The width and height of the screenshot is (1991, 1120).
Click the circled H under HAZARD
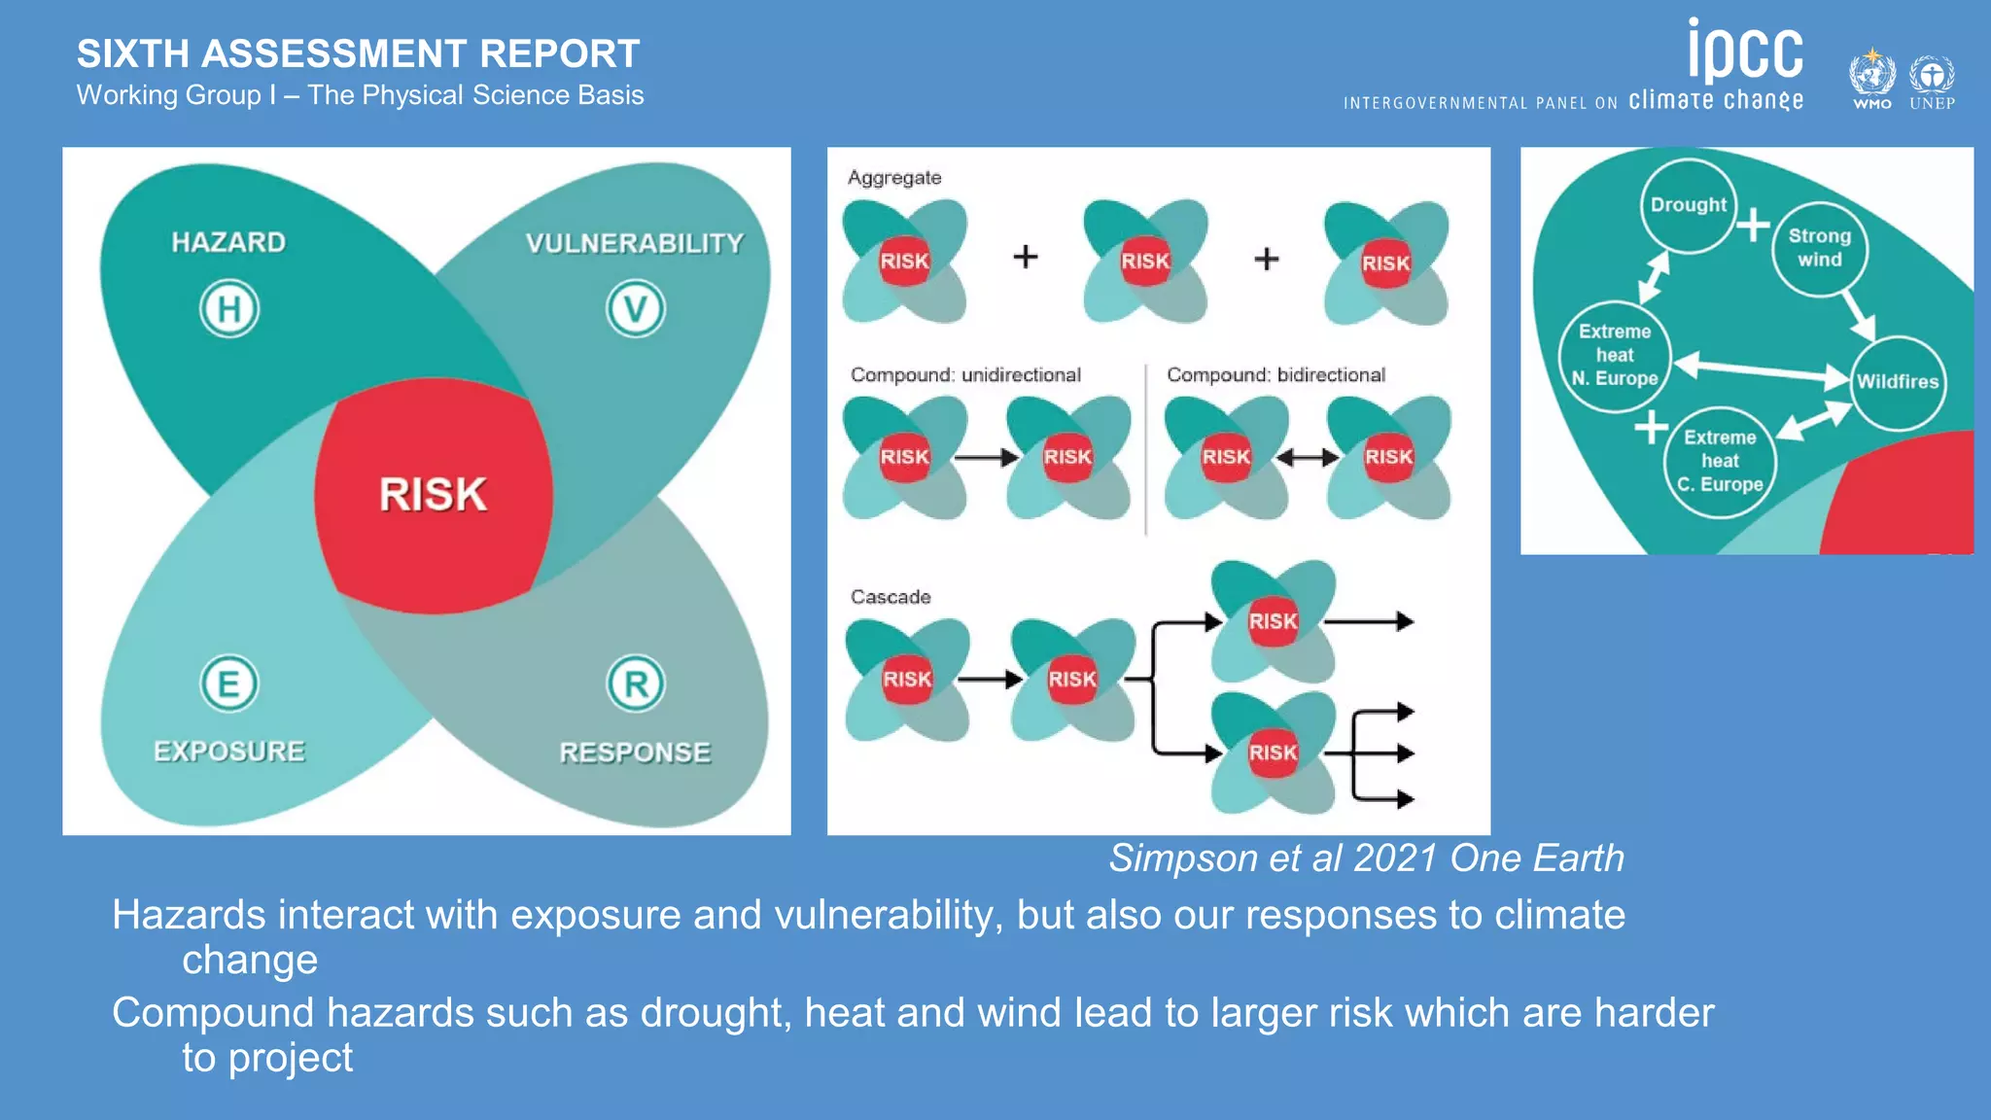(229, 309)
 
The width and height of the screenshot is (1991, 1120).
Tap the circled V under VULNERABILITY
(636, 309)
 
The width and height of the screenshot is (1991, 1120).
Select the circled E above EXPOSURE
(229, 683)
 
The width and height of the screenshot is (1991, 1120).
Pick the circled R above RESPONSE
(636, 683)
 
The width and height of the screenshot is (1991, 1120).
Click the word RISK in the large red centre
(433, 494)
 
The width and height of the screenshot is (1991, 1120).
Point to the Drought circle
(1689, 205)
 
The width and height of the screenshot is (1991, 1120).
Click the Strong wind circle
(1819, 248)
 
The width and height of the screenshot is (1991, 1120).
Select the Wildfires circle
(1897, 381)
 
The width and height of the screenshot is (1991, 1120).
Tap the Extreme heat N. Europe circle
(1615, 355)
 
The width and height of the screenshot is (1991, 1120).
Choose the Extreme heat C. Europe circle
(1720, 461)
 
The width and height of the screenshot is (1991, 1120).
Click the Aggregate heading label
(894, 178)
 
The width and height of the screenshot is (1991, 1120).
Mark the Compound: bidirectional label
(1275, 375)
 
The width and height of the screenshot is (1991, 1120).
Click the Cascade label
(891, 597)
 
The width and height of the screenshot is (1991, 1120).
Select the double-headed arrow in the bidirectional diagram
(1308, 457)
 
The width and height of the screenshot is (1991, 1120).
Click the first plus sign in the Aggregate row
(1026, 257)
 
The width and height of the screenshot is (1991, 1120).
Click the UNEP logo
(1932, 80)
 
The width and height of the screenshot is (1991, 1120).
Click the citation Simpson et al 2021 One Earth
(1366, 858)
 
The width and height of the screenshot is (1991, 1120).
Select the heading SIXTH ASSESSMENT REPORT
(358, 54)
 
